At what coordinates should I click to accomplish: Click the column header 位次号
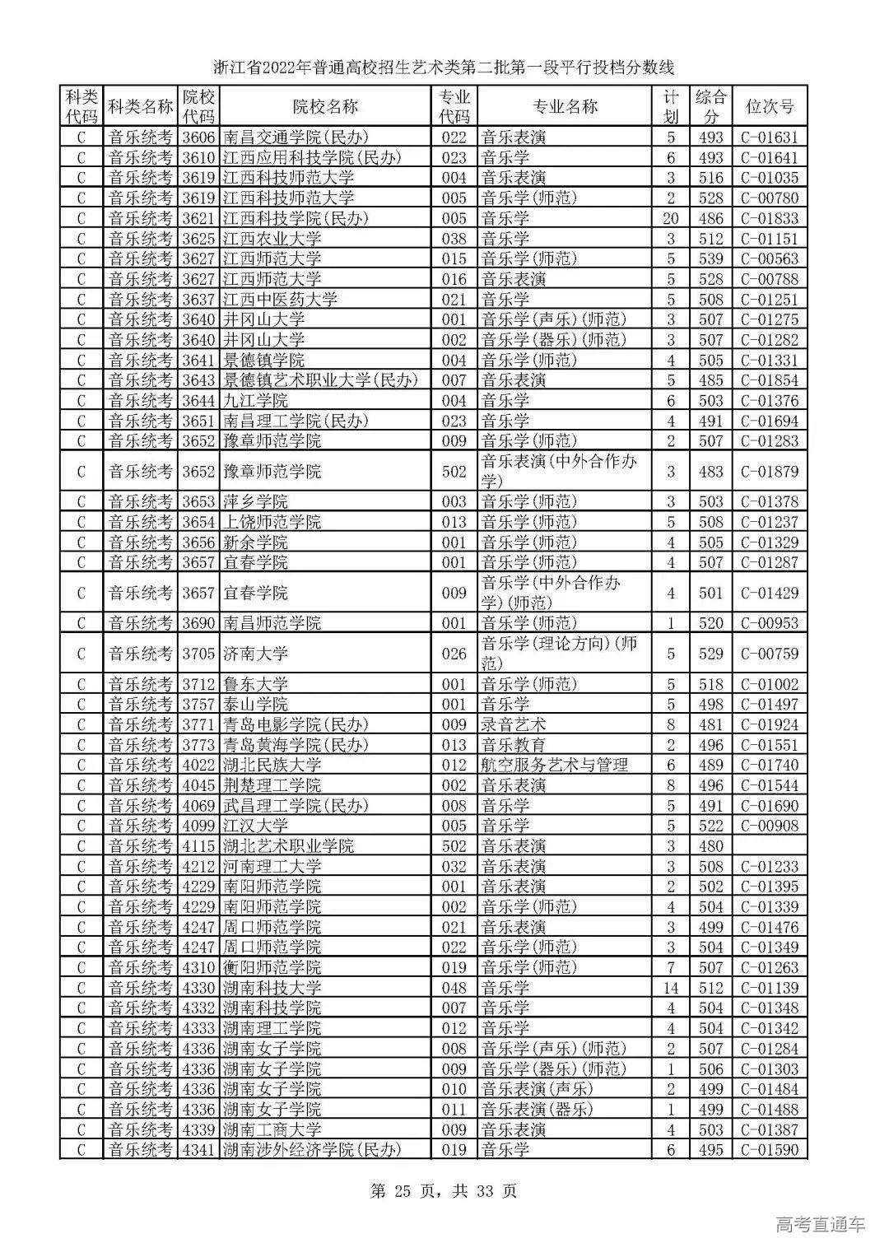coord(769,106)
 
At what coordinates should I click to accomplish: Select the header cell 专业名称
coord(566,106)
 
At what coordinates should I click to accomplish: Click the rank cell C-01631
coord(769,137)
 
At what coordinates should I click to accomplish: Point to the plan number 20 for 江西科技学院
coord(670,218)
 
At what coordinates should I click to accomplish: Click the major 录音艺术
coord(514,724)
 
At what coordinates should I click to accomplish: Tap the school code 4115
coord(198,846)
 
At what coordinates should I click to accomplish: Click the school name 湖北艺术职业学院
coord(288,846)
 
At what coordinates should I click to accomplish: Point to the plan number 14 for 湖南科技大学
coord(670,988)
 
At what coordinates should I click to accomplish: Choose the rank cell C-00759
coord(769,654)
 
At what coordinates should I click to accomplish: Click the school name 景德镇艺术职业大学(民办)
coord(320,380)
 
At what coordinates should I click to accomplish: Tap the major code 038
coord(454,239)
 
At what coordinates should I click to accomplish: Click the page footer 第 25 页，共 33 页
coord(444,1190)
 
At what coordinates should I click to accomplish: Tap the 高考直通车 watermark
coord(820,1224)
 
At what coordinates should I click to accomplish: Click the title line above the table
coord(444,67)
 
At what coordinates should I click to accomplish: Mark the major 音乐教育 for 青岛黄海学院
coord(514,745)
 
